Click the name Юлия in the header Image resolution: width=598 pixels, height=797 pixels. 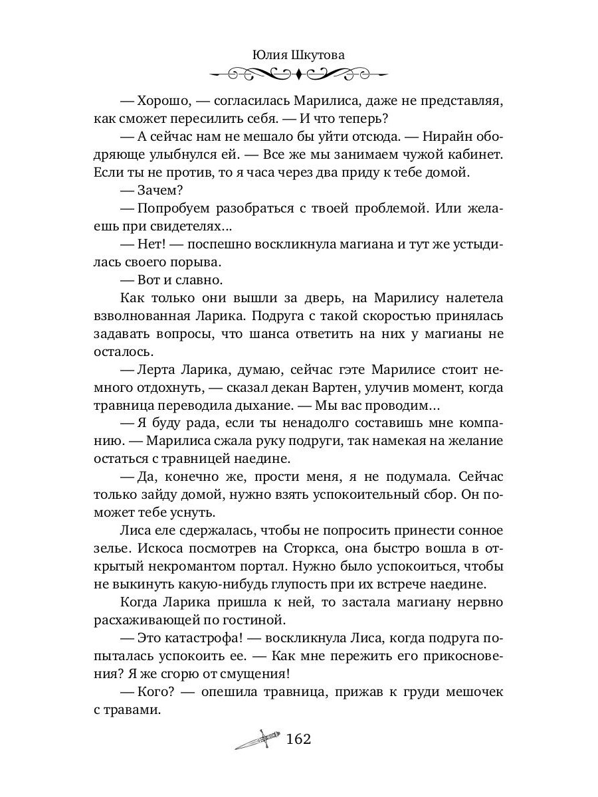[x=270, y=56]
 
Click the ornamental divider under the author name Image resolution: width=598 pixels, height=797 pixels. [x=298, y=73]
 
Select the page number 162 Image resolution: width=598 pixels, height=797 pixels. [x=298, y=739]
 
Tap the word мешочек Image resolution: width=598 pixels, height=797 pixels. [x=470, y=692]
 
